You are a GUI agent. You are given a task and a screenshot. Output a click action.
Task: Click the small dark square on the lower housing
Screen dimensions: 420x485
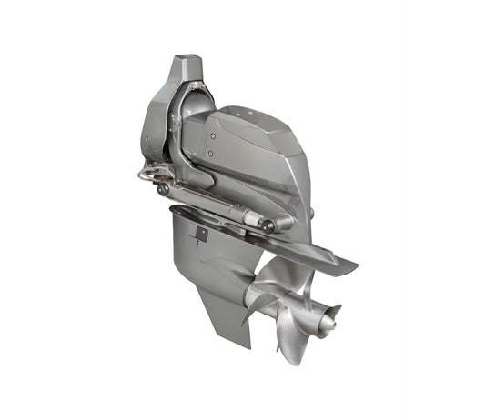[201, 235]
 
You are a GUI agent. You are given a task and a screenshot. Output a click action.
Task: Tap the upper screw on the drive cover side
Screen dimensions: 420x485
[213, 136]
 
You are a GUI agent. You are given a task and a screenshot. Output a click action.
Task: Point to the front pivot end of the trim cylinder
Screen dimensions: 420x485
[164, 190]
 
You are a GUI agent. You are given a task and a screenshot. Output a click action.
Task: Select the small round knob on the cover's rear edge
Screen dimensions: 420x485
[310, 214]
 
